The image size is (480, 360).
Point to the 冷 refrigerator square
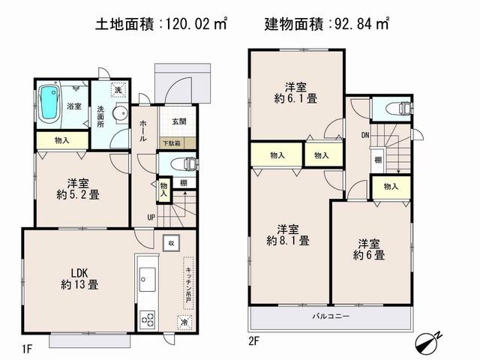(x=184, y=322)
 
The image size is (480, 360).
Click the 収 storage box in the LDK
(x=171, y=243)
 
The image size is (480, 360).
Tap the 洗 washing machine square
(x=118, y=89)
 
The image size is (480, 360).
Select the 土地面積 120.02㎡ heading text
(x=161, y=25)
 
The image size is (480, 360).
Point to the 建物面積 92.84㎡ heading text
(x=326, y=25)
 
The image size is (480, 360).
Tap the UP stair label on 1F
(x=151, y=217)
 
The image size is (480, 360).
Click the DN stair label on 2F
(x=365, y=136)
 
